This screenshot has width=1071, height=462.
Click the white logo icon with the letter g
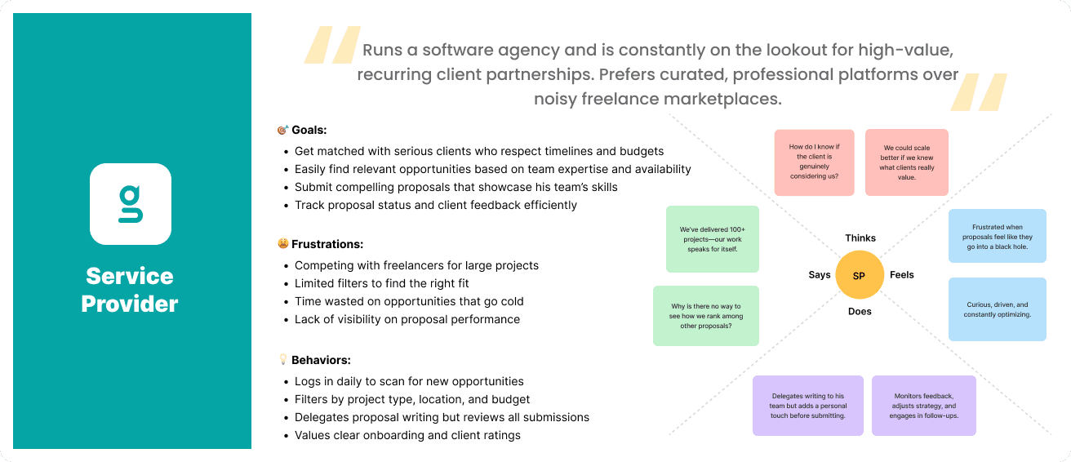pyautogui.click(x=131, y=204)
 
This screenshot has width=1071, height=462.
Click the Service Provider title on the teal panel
pyautogui.click(x=130, y=290)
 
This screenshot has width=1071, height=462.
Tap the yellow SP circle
pyautogui.click(x=859, y=276)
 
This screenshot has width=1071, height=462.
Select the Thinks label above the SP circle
pyautogui.click(x=860, y=238)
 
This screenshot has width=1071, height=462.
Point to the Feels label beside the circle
pyautogui.click(x=902, y=275)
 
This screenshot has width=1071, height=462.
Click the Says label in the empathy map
pyautogui.click(x=820, y=275)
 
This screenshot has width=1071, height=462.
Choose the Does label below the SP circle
pyautogui.click(x=860, y=311)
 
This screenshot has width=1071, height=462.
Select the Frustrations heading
pyautogui.click(x=327, y=244)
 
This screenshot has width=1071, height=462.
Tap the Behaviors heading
pyautogui.click(x=321, y=360)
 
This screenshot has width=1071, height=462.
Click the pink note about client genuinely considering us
pyautogui.click(x=814, y=162)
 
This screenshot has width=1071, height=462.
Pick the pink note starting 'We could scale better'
pyautogui.click(x=907, y=162)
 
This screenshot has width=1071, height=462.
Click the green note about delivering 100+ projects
pyautogui.click(x=713, y=239)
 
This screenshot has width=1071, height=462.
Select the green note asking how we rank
pyautogui.click(x=706, y=315)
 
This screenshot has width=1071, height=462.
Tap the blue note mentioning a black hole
pyautogui.click(x=997, y=236)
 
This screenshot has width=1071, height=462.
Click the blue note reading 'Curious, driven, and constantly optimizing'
pyautogui.click(x=997, y=309)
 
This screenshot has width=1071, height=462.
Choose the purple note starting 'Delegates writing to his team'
pyautogui.click(x=807, y=405)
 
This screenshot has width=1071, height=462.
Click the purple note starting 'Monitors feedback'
pyautogui.click(x=924, y=405)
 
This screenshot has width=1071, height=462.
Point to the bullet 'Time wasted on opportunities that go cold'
pyautogui.click(x=409, y=301)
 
